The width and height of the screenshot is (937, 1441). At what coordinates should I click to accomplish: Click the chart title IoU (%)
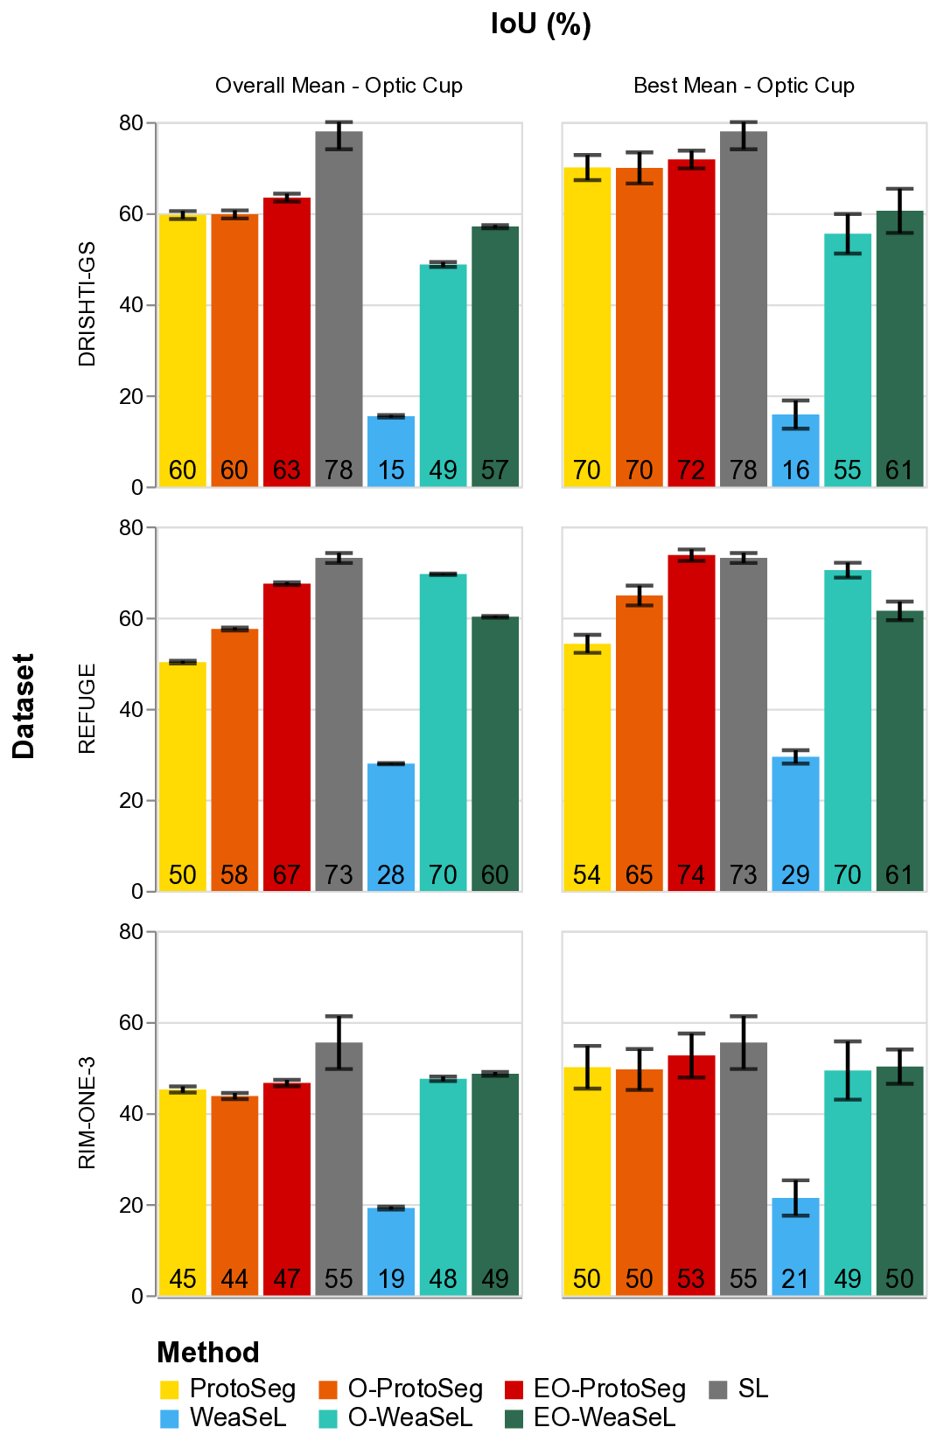(541, 24)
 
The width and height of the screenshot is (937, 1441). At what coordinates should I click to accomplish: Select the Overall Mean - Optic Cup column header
(339, 86)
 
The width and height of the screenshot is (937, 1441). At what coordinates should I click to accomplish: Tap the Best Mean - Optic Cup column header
(744, 86)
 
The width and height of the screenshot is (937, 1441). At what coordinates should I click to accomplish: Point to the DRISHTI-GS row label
(87, 304)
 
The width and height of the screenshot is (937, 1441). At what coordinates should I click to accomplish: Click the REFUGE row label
(87, 709)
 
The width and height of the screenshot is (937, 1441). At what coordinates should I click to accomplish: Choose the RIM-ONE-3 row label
(87, 1113)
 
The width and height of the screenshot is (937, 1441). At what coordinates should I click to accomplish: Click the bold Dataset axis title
(24, 707)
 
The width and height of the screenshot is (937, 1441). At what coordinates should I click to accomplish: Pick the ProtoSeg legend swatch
(170, 1389)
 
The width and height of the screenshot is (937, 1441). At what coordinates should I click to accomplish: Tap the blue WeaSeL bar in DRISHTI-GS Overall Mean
(391, 450)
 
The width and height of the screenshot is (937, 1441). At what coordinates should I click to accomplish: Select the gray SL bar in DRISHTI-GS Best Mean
(744, 306)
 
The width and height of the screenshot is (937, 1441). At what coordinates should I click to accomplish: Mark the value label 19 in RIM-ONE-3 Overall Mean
(391, 1279)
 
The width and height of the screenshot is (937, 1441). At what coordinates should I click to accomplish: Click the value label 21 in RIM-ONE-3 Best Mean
(795, 1279)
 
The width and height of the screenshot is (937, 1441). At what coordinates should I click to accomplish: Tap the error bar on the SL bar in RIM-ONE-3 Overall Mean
(339, 1042)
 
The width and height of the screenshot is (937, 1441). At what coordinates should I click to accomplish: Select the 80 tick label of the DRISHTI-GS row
(131, 123)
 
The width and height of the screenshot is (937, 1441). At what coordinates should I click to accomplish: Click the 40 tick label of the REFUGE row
(131, 709)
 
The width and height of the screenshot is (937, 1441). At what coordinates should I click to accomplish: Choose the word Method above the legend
(208, 1353)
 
